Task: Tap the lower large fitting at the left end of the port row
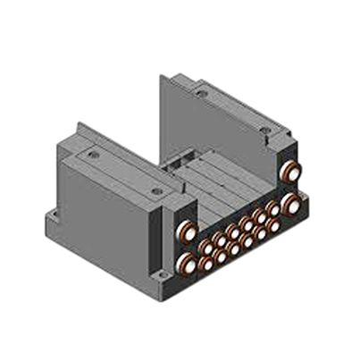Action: click(x=187, y=262)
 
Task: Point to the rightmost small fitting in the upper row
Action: click(x=272, y=209)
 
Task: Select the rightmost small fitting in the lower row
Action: click(x=273, y=227)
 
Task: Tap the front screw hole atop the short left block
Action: click(x=157, y=190)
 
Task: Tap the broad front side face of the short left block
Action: click(x=107, y=219)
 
